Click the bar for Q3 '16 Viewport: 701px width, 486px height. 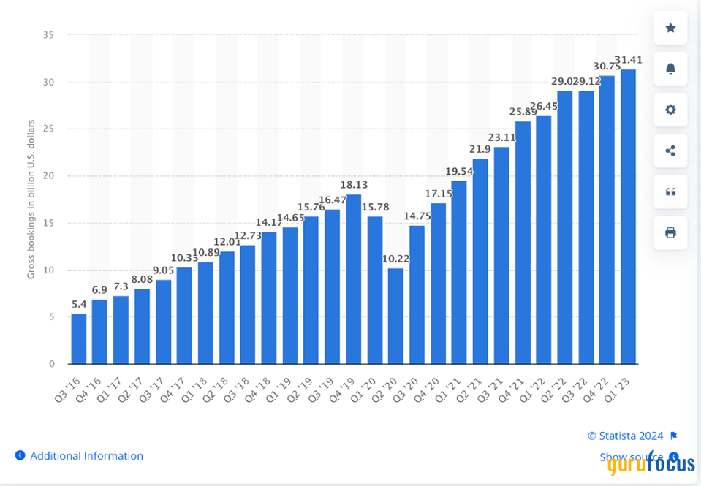tap(79, 338)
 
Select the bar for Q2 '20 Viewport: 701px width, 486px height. tap(395, 316)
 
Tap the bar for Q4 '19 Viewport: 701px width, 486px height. tap(354, 278)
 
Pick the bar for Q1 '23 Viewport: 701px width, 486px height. tap(628, 216)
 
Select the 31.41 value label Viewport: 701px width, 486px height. tap(629, 59)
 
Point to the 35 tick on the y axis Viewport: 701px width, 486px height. tap(49, 35)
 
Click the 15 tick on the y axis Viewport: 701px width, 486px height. tap(49, 223)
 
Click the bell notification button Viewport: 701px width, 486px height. tap(670, 69)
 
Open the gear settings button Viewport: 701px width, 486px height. tap(670, 110)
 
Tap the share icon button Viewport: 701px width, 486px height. tap(670, 151)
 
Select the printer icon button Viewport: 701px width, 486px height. tap(670, 232)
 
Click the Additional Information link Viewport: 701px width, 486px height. tap(86, 455)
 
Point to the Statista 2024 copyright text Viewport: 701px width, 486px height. tap(626, 436)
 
